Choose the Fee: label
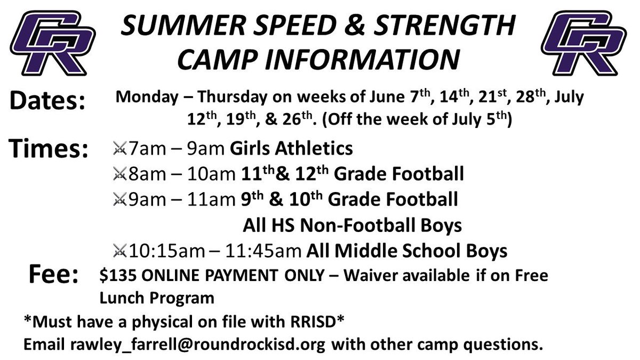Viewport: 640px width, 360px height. (x=53, y=275)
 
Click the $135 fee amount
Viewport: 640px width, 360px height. (x=116, y=276)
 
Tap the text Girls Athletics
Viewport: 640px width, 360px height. (x=291, y=148)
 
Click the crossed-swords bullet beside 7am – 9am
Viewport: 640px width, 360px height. (x=119, y=149)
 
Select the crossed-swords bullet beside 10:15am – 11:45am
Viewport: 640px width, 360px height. (x=119, y=250)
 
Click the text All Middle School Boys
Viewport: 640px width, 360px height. (x=406, y=250)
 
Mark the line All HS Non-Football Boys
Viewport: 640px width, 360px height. (x=352, y=225)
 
